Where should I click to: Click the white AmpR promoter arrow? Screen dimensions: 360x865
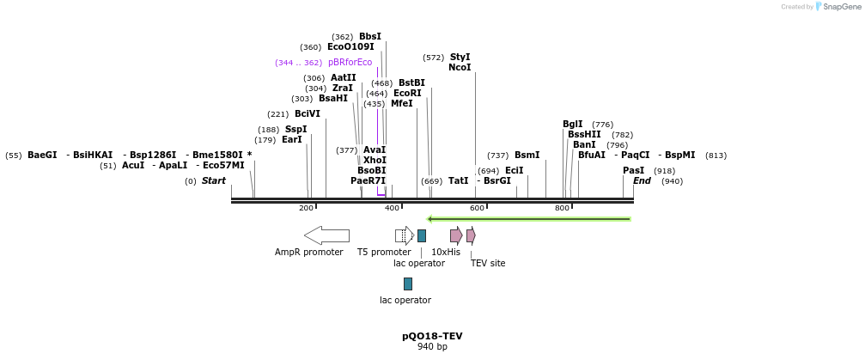pyautogui.click(x=326, y=235)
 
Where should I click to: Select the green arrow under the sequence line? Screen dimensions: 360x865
pyautogui.click(x=529, y=219)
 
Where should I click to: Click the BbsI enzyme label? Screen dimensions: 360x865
pyautogui.click(x=370, y=37)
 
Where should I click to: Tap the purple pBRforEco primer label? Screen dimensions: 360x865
pyautogui.click(x=350, y=63)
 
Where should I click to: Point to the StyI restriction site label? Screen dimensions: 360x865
pyautogui.click(x=460, y=58)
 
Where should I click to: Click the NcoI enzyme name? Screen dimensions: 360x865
pyautogui.click(x=460, y=68)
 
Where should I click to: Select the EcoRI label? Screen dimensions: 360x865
pyautogui.click(x=407, y=94)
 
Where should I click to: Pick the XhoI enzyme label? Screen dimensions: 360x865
pyautogui.click(x=375, y=161)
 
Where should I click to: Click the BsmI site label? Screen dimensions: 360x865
pyautogui.click(x=527, y=156)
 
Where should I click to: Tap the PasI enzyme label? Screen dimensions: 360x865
pyautogui.click(x=633, y=171)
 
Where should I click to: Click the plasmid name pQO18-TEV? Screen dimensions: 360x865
pyautogui.click(x=432, y=336)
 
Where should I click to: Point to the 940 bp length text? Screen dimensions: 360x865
pyautogui.click(x=432, y=347)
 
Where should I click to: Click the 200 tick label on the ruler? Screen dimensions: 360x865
pyautogui.click(x=306, y=209)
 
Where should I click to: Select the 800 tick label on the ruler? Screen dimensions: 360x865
pyautogui.click(x=562, y=209)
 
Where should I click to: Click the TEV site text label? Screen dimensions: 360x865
pyautogui.click(x=488, y=264)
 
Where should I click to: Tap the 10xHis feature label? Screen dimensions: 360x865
pyautogui.click(x=446, y=253)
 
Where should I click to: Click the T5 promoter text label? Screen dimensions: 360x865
pyautogui.click(x=384, y=253)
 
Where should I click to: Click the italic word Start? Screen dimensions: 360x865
pyautogui.click(x=214, y=181)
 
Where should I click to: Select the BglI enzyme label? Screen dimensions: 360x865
pyautogui.click(x=573, y=125)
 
